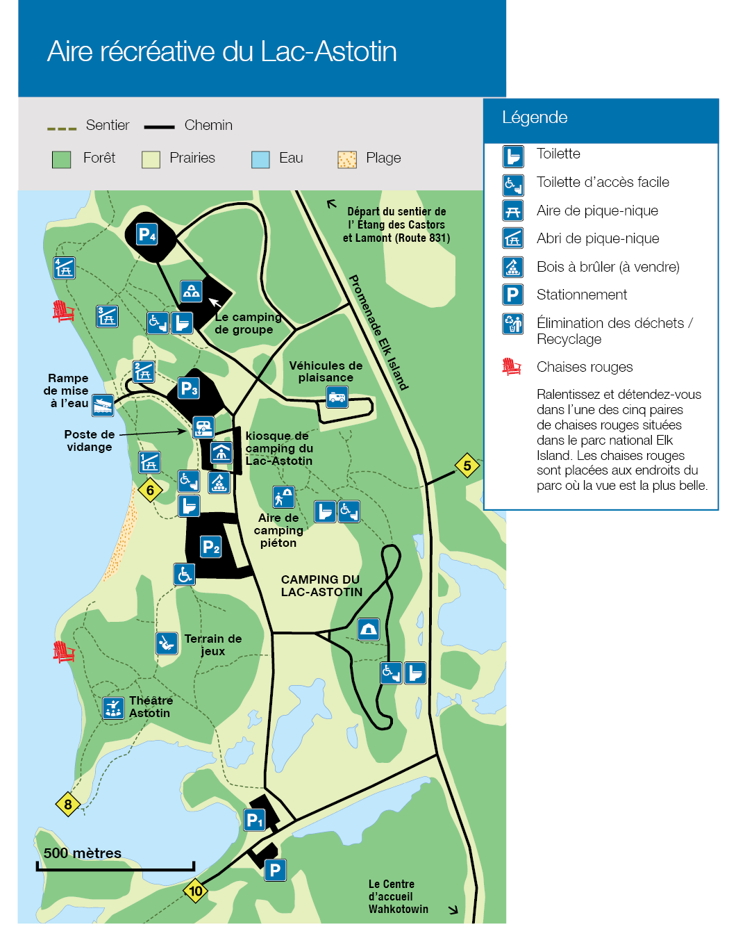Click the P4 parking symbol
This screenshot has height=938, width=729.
tap(147, 234)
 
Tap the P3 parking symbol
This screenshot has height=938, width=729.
tap(189, 388)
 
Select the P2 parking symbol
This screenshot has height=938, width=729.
tap(211, 547)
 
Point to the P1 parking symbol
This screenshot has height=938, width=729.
tap(255, 820)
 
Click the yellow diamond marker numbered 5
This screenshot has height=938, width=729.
tap(467, 466)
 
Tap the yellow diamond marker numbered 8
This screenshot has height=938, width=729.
tap(68, 805)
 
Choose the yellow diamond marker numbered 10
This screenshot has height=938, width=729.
tap(196, 891)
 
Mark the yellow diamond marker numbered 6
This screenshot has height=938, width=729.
tap(150, 491)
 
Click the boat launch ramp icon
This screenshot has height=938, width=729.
tap(103, 404)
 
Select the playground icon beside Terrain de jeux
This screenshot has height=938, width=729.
tap(167, 643)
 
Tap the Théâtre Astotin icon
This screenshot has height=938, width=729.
tap(113, 708)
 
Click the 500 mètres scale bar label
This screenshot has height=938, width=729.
tap(83, 853)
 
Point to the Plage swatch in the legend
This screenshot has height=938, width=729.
tap(346, 160)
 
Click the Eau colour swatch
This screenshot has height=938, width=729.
tap(260, 160)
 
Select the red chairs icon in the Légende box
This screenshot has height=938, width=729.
tap(512, 366)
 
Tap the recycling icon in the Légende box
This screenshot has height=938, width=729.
tap(513, 324)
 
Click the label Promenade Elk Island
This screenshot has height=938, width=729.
tap(378, 333)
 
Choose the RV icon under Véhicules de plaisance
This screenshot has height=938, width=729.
tap(337, 397)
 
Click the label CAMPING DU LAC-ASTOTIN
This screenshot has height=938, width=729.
tap(321, 586)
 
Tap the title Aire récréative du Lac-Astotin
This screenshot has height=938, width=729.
tap(222, 52)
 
